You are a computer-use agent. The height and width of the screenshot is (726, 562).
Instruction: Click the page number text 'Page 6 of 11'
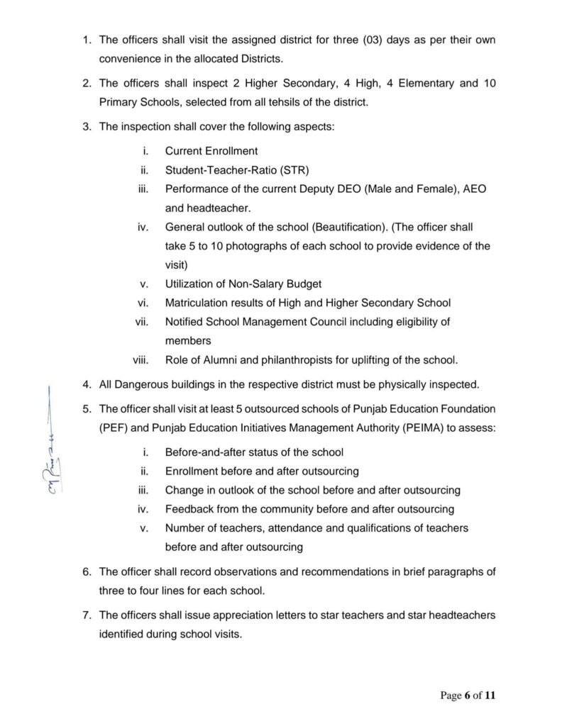click(x=468, y=696)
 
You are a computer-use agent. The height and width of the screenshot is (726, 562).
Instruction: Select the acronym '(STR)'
click(x=295, y=170)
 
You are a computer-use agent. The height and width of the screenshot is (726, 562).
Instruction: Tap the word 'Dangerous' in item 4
click(x=147, y=386)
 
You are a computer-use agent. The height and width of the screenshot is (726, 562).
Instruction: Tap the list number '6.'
click(x=87, y=571)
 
